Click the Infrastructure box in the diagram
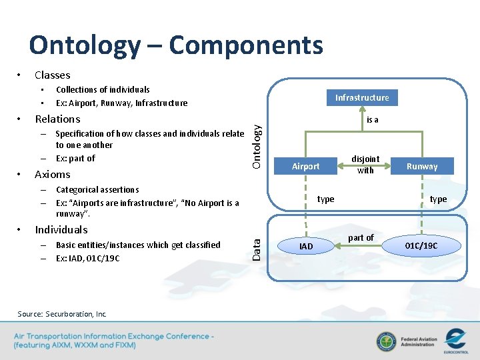pos(362,97)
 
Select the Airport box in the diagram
pos(306,166)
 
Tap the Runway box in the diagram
pos(422,166)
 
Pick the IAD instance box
pos(306,246)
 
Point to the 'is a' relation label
pos(372,120)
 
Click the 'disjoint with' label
pos(365,165)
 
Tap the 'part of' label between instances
pos(361,237)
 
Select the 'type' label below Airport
pos(326,199)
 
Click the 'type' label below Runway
pos(439,199)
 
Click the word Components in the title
pos(245,45)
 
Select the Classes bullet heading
pos(52,75)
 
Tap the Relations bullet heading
pos(57,119)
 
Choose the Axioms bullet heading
pos(52,174)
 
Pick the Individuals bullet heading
pos(61,229)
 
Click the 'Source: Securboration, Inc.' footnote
pos(62,314)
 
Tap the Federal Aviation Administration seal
pos(386,341)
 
